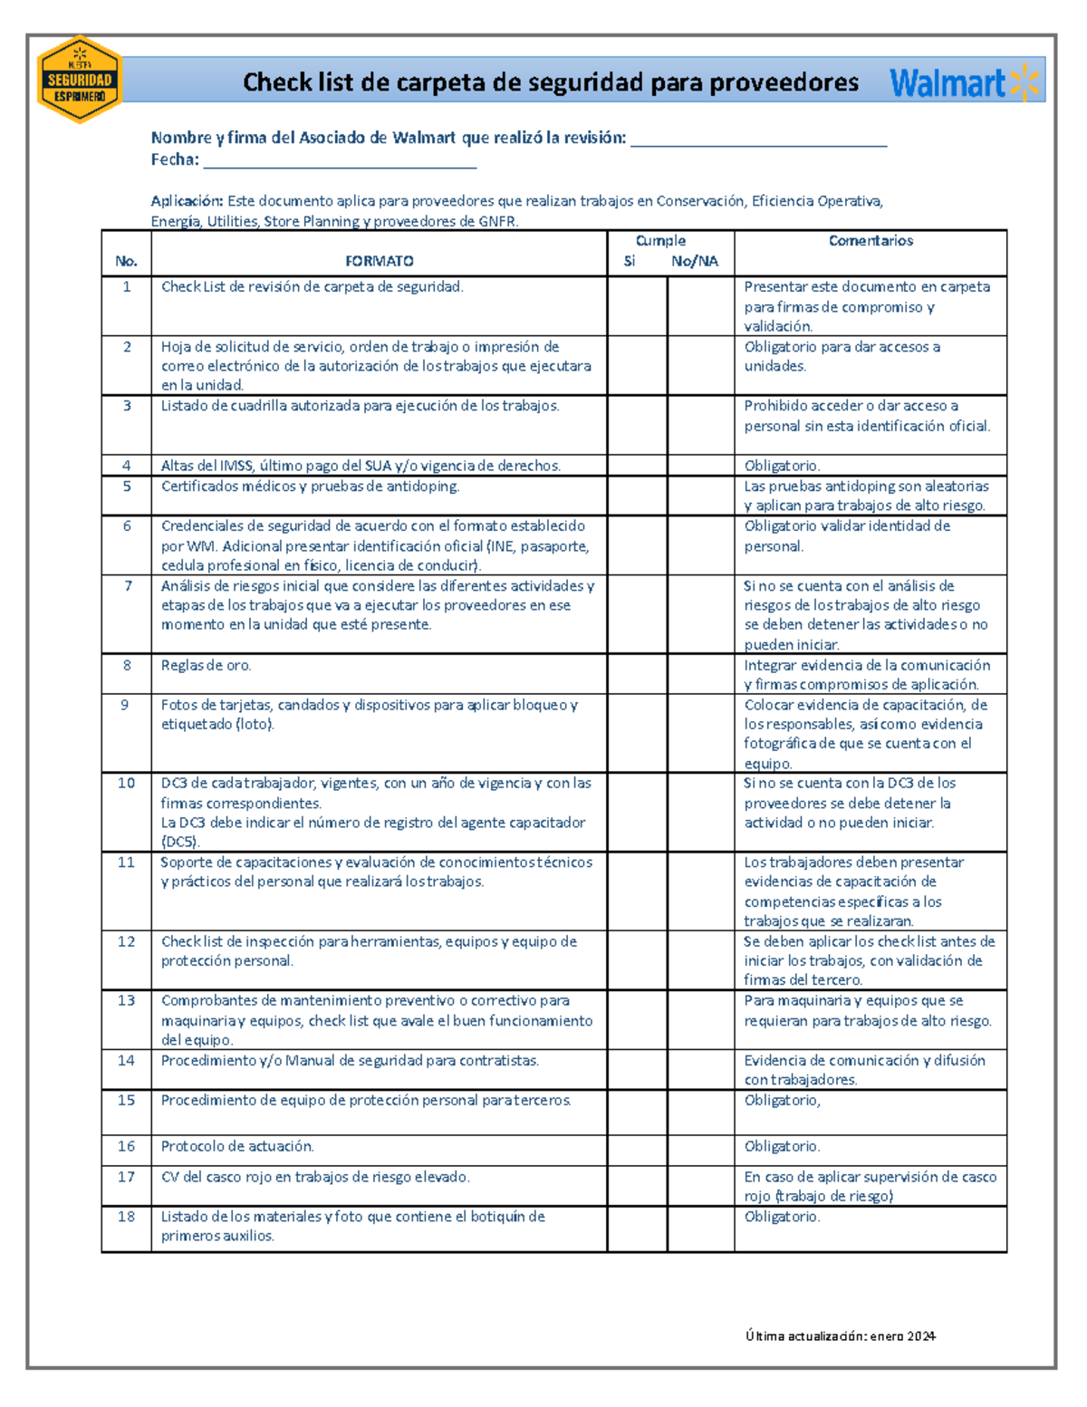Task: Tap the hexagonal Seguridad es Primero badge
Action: pyautogui.click(x=80, y=80)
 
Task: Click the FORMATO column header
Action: pyautogui.click(x=379, y=261)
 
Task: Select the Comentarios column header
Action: pyautogui.click(x=871, y=241)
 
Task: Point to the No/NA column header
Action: pyautogui.click(x=695, y=261)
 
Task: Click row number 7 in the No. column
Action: pyautogui.click(x=127, y=586)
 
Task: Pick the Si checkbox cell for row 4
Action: pyautogui.click(x=638, y=466)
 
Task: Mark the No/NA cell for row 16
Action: pyautogui.click(x=700, y=1150)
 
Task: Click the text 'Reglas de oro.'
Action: pyautogui.click(x=207, y=665)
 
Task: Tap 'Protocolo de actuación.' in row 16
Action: pyautogui.click(x=237, y=1146)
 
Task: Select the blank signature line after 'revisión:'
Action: pyautogui.click(x=758, y=140)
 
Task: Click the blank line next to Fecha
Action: pyautogui.click(x=340, y=161)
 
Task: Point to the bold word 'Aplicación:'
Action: pyautogui.click(x=187, y=201)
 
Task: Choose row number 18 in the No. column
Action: pyautogui.click(x=126, y=1217)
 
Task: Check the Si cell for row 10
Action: pyautogui.click(x=638, y=812)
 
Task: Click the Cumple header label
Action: pyautogui.click(x=660, y=241)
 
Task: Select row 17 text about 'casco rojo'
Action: pyautogui.click(x=315, y=1177)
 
